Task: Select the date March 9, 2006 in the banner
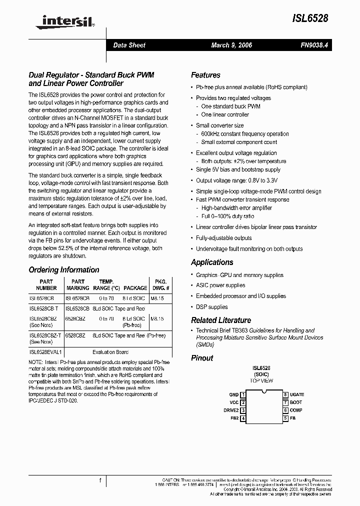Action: [231, 45]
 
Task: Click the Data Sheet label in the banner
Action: [129, 45]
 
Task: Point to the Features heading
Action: [205, 75]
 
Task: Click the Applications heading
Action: [212, 262]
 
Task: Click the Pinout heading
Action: [202, 358]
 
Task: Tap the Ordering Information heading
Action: [64, 270]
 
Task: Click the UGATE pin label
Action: [297, 394]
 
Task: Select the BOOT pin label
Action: [296, 402]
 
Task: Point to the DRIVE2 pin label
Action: [231, 410]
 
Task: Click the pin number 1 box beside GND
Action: [243, 394]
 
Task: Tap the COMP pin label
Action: [296, 410]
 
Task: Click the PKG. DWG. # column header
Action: [161, 284]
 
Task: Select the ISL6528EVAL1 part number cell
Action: [45, 351]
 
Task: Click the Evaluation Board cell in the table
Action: [110, 351]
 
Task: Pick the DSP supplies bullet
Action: [211, 307]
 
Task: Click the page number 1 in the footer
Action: [100, 481]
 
